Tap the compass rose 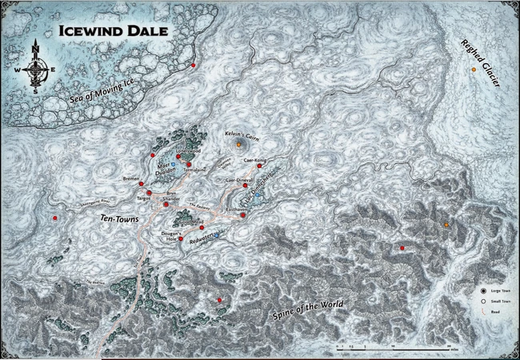pos(36,67)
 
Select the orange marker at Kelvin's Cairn pos(239,145)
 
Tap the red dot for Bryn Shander pos(166,204)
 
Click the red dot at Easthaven pos(242,214)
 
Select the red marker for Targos pos(149,193)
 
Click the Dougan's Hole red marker pos(181,238)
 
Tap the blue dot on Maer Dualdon pos(173,165)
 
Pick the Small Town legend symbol pos(483,302)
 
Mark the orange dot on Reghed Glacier pos(474,70)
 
